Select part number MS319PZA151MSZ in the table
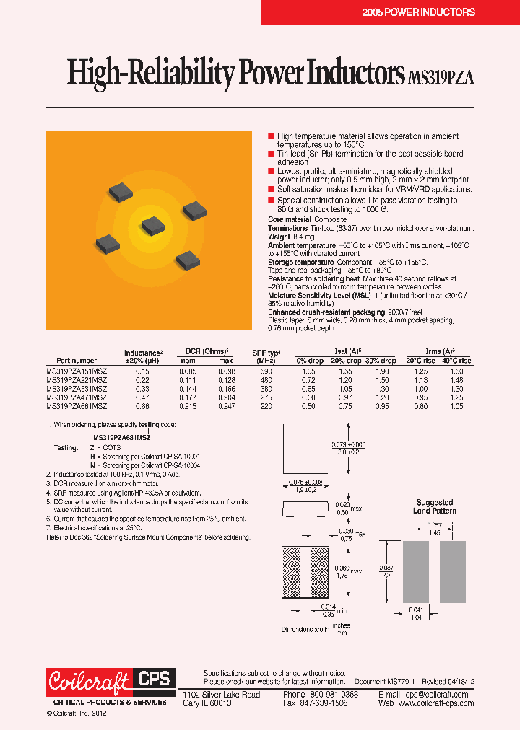(x=77, y=370)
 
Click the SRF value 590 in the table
(x=266, y=370)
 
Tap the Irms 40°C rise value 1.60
(x=456, y=370)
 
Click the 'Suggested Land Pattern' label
(x=435, y=506)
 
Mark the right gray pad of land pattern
(x=453, y=571)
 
